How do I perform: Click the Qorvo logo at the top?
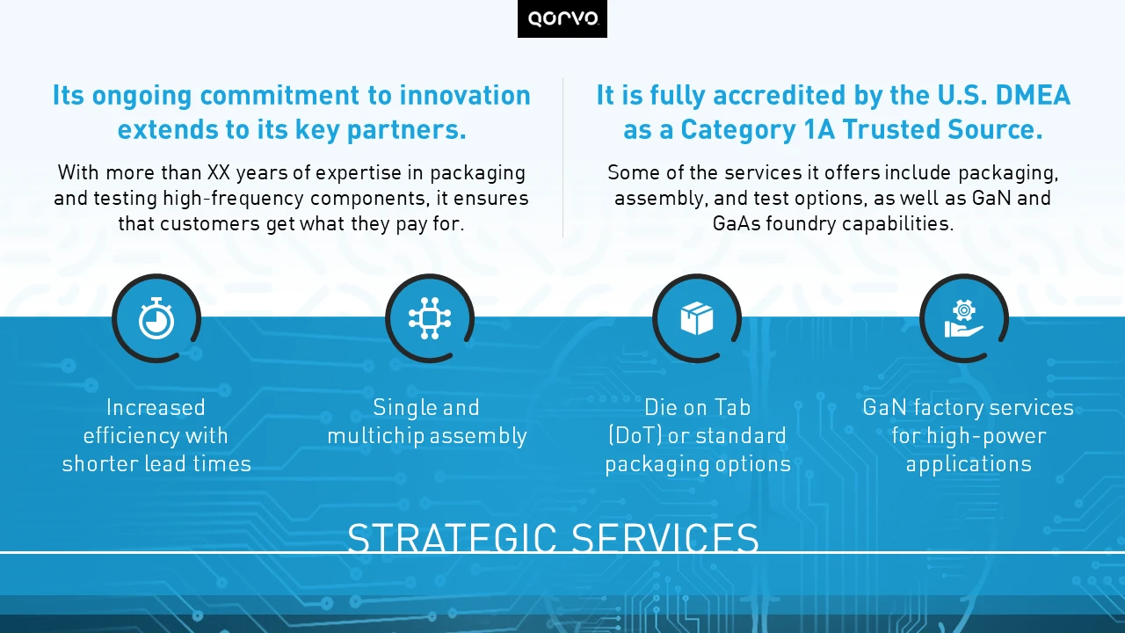[562, 18]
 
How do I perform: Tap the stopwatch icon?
[156, 318]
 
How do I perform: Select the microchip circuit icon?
[430, 318]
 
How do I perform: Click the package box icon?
[697, 318]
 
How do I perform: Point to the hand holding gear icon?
[964, 318]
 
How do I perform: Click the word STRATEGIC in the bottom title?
[452, 537]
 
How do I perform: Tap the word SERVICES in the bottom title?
[665, 537]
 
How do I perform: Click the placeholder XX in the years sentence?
[219, 173]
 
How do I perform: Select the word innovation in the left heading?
[465, 96]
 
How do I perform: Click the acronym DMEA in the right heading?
[1033, 96]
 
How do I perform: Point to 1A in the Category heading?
[819, 129]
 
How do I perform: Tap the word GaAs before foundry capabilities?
[737, 223]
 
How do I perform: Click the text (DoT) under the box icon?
[635, 435]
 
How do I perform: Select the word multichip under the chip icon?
[375, 435]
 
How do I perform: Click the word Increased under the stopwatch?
[156, 407]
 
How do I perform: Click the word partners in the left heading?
[407, 129]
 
